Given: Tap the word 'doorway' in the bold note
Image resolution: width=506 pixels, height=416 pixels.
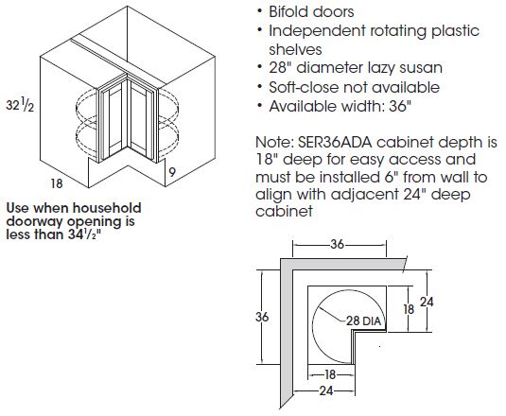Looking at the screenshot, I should point(35,222).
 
